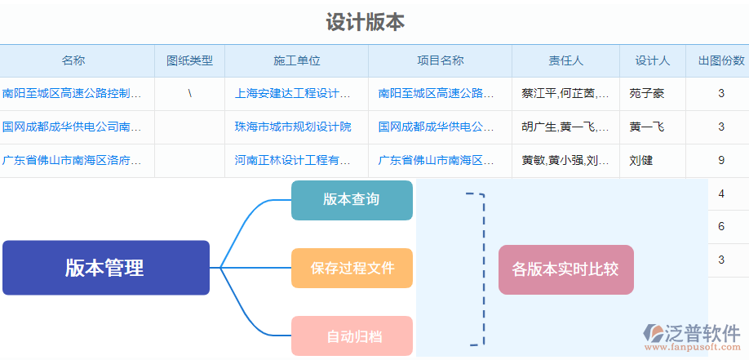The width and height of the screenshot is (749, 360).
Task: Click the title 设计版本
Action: tap(365, 22)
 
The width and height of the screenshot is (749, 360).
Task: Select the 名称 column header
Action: tap(73, 60)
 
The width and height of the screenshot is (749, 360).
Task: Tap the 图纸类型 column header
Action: tap(189, 60)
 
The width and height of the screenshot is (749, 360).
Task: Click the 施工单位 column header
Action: tap(296, 60)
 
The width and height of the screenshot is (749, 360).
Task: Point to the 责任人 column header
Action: tap(565, 60)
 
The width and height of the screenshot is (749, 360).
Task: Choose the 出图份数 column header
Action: tap(720, 60)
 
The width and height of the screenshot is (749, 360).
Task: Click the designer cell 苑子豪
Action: tap(647, 93)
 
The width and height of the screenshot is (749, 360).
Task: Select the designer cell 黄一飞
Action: tap(647, 127)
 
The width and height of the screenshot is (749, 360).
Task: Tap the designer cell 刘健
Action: tap(641, 160)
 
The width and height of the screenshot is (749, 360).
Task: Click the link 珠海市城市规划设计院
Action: tap(293, 127)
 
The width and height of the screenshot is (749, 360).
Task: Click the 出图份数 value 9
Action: tap(721, 160)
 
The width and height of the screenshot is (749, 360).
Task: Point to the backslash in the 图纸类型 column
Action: tap(189, 93)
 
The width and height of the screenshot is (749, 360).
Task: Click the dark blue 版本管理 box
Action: tap(105, 268)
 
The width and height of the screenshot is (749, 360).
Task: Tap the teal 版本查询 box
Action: tap(352, 200)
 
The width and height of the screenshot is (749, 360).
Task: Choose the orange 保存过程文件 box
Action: tap(352, 268)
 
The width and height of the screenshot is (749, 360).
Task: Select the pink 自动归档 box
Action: tap(352, 336)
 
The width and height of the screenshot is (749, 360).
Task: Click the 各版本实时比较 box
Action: tap(565, 269)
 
